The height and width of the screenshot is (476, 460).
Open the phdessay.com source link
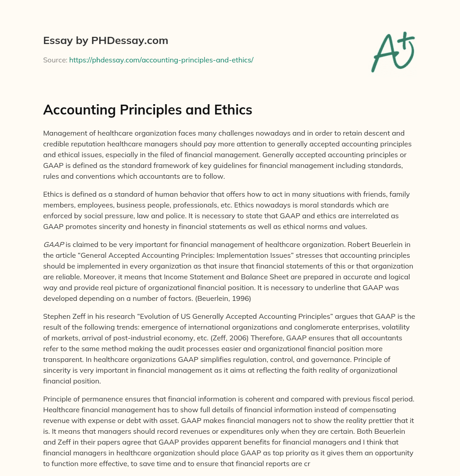pyautogui.click(x=161, y=60)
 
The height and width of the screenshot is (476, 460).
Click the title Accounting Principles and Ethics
pyautogui.click(x=147, y=110)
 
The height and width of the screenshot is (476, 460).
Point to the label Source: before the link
pyautogui.click(x=55, y=60)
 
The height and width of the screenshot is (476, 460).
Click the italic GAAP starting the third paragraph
pyautogui.click(x=53, y=244)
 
